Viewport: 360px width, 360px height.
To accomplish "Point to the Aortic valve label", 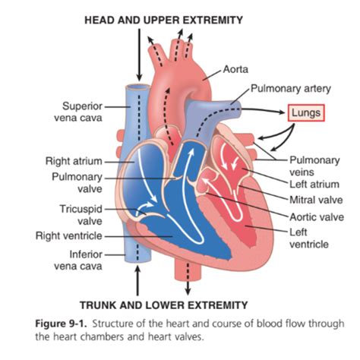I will (314, 216).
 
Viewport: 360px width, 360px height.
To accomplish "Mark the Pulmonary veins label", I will (312, 166).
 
